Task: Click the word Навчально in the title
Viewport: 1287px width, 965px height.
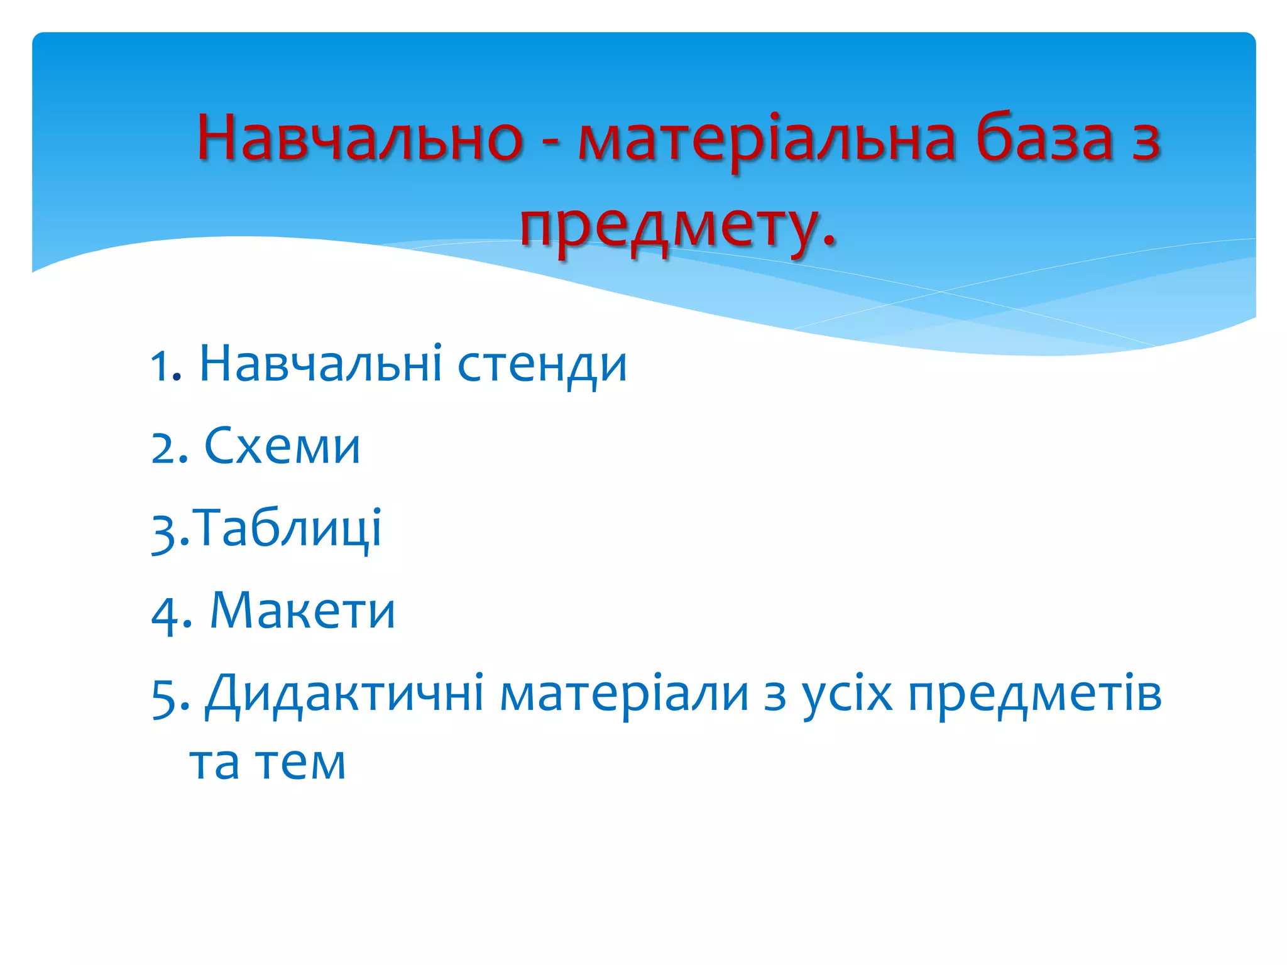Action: (x=360, y=138)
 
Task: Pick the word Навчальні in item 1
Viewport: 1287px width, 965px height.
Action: (x=320, y=364)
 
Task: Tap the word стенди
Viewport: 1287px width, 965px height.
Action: (x=542, y=366)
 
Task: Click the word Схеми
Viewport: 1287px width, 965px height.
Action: (x=282, y=446)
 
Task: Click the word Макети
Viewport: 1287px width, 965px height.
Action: (x=302, y=611)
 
